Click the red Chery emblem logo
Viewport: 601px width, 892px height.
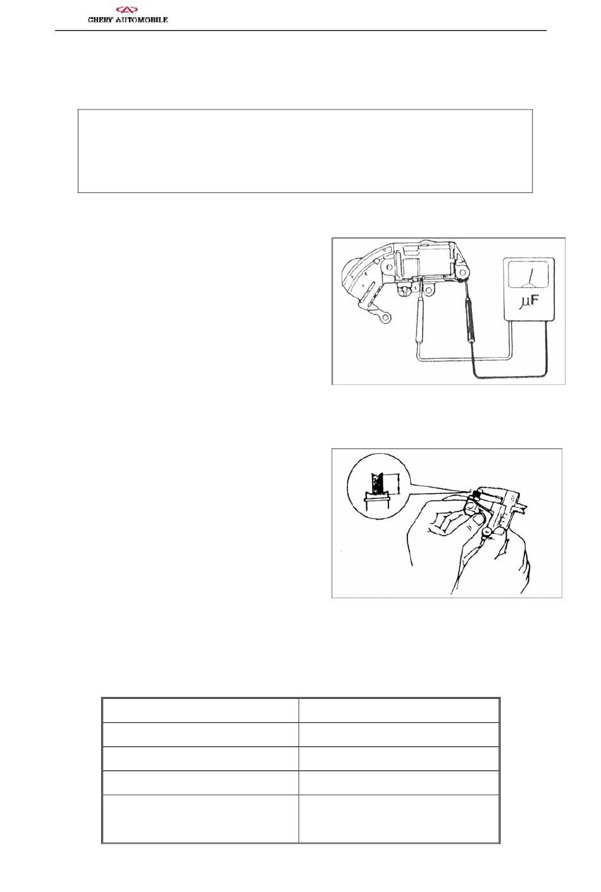click(127, 10)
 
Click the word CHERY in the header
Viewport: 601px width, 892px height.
click(101, 20)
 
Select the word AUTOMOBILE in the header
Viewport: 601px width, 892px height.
click(141, 20)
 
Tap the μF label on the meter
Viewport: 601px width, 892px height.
click(529, 302)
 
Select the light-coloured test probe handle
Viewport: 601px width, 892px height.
click(419, 324)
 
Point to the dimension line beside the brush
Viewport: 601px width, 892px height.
click(397, 484)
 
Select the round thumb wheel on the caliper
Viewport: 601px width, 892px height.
click(487, 532)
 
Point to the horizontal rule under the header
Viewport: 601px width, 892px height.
click(300, 30)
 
